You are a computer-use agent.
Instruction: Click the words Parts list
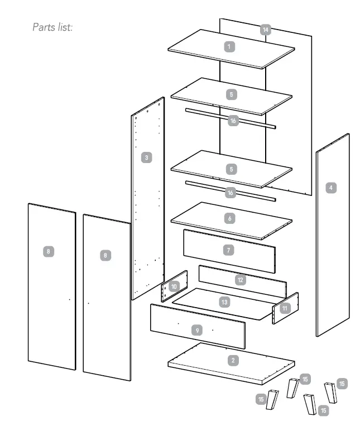tap(52, 27)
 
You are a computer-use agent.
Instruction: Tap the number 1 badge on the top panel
tap(229, 46)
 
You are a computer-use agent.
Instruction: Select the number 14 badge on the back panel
tap(266, 30)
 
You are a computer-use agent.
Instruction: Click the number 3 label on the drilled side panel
tap(146, 158)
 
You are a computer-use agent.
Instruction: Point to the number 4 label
tap(331, 188)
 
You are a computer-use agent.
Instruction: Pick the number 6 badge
tap(229, 218)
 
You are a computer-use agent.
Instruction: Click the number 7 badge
tap(229, 250)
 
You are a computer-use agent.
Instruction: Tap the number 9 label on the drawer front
tap(198, 331)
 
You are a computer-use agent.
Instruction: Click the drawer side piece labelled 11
tap(285, 308)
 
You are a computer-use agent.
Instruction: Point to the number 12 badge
tap(240, 280)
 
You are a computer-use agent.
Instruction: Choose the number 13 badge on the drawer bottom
tap(224, 302)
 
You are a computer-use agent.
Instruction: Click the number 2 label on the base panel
tap(232, 360)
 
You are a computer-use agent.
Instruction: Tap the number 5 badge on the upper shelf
tap(231, 94)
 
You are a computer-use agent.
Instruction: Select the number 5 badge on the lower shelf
tap(231, 168)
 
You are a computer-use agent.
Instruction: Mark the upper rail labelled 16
tap(233, 119)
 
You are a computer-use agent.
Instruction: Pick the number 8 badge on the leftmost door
tap(49, 252)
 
